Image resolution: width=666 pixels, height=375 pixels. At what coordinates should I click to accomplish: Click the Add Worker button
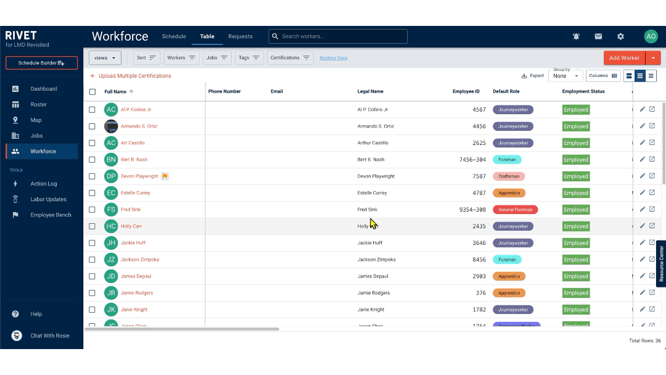624,58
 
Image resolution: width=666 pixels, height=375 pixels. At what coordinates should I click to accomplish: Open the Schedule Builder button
41,63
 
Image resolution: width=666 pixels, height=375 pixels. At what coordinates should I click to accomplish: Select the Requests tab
240,36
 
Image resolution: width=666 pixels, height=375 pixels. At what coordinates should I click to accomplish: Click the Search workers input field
338,36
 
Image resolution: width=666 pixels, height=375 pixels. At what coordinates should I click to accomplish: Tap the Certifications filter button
290,58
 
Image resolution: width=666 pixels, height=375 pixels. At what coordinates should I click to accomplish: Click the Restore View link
333,58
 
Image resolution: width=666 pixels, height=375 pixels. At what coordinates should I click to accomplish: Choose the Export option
532,76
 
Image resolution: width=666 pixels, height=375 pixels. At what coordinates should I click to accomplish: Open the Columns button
602,76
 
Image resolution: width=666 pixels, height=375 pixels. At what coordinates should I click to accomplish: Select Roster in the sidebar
38,104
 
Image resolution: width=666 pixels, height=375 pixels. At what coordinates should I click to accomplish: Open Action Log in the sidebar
43,184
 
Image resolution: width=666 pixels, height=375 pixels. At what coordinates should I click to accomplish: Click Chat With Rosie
49,336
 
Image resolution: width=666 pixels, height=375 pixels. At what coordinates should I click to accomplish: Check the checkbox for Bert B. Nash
92,160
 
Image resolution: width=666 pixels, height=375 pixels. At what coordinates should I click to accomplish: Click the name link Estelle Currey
135,193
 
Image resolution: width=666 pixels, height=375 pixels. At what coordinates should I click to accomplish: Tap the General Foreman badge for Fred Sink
515,210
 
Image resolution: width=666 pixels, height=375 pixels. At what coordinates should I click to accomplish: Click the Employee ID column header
466,91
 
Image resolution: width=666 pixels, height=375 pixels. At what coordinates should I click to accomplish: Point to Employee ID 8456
479,260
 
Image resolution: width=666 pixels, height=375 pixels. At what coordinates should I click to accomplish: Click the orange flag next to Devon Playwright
165,176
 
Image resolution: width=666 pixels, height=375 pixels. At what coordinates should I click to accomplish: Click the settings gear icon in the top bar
620,36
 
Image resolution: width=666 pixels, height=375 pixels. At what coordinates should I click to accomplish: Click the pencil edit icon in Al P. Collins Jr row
642,109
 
